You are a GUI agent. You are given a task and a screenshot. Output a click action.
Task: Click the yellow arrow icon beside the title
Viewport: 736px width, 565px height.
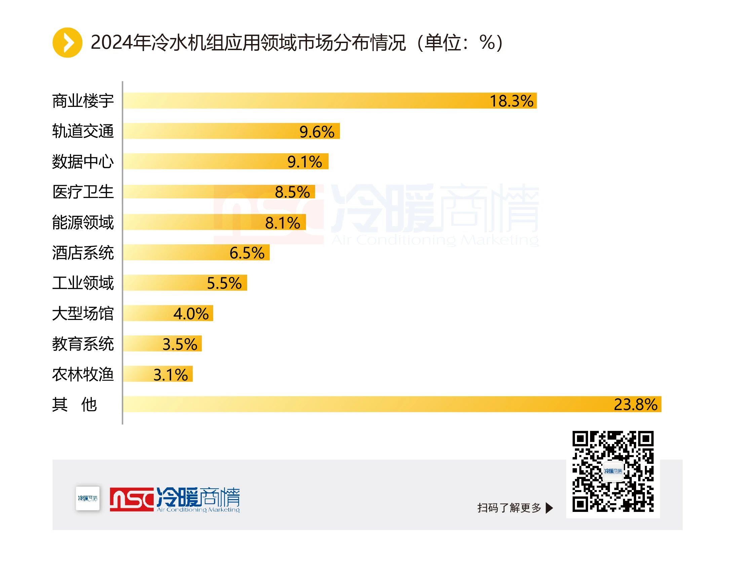coord(67,43)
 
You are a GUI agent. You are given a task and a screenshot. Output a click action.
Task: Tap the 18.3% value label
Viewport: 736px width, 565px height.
coord(511,101)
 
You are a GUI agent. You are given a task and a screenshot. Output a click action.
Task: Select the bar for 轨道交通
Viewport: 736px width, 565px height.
coord(231,131)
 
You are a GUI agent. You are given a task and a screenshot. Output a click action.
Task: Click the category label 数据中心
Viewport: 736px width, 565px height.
coord(83,161)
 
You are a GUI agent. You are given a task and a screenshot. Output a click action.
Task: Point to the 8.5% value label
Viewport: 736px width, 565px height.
coord(292,192)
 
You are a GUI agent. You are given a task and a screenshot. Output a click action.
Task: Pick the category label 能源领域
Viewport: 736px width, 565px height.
coord(83,222)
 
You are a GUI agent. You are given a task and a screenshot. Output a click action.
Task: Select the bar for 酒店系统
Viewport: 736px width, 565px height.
coord(196,252)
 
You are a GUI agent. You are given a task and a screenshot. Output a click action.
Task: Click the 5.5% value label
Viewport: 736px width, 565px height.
coord(224,283)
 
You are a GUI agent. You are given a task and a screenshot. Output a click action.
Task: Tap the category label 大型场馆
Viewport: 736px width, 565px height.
coord(83,314)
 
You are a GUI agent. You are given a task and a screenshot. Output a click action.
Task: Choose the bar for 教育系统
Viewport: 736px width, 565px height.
coord(162,344)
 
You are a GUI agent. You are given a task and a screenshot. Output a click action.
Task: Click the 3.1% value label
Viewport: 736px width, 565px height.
coord(170,375)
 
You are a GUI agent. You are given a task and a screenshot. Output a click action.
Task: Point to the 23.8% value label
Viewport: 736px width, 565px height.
coord(635,405)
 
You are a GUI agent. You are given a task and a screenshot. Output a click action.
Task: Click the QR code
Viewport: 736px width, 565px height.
coord(613,471)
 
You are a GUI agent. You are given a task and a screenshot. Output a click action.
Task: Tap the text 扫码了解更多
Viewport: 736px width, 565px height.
coord(509,508)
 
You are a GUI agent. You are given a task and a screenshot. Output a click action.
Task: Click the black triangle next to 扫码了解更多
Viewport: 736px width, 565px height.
coord(549,508)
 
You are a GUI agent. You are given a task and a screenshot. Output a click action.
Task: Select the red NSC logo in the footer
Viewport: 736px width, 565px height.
coord(131,499)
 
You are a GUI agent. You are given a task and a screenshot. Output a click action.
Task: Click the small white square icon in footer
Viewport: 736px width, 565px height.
coord(88,498)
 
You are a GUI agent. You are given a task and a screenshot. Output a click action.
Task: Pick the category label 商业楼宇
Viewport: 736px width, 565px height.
coord(83,101)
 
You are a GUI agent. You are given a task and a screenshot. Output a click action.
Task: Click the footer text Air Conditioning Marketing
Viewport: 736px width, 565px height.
coord(198,510)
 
